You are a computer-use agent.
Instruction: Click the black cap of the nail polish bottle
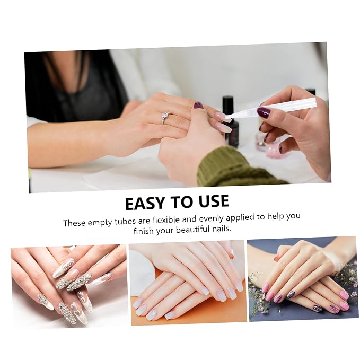pos(228,103)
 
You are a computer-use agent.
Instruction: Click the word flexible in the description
pos(166,219)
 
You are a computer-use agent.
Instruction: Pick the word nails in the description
pos(221,229)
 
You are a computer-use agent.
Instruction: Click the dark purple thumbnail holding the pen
pos(264,112)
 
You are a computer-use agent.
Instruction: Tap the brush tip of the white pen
pos(229,119)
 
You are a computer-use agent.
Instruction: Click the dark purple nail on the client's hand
pos(197,106)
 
